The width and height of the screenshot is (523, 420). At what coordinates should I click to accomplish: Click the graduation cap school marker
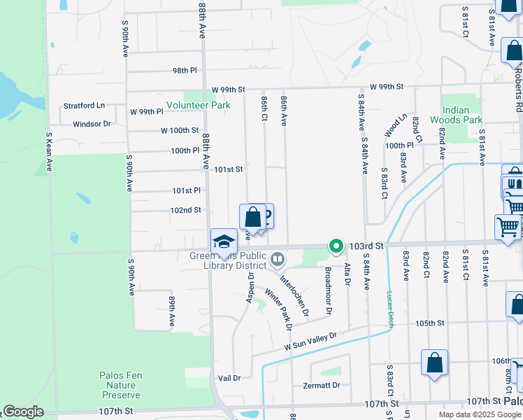[224, 241]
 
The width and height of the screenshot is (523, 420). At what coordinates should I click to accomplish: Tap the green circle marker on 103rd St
[336, 246]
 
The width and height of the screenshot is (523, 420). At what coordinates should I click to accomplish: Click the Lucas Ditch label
[390, 309]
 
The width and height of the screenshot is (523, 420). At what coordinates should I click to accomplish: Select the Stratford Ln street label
[84, 106]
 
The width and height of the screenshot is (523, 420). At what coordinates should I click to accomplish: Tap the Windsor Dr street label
[92, 124]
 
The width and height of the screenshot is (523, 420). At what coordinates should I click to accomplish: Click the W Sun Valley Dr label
[310, 342]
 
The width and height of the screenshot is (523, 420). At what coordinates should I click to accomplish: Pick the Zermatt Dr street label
[322, 385]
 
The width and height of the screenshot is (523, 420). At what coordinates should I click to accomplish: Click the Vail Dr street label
[229, 378]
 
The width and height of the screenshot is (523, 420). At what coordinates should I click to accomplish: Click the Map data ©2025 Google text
[479, 414]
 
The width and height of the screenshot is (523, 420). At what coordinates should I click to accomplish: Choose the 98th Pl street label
[185, 71]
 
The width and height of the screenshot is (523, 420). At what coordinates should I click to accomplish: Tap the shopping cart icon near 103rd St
[508, 226]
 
